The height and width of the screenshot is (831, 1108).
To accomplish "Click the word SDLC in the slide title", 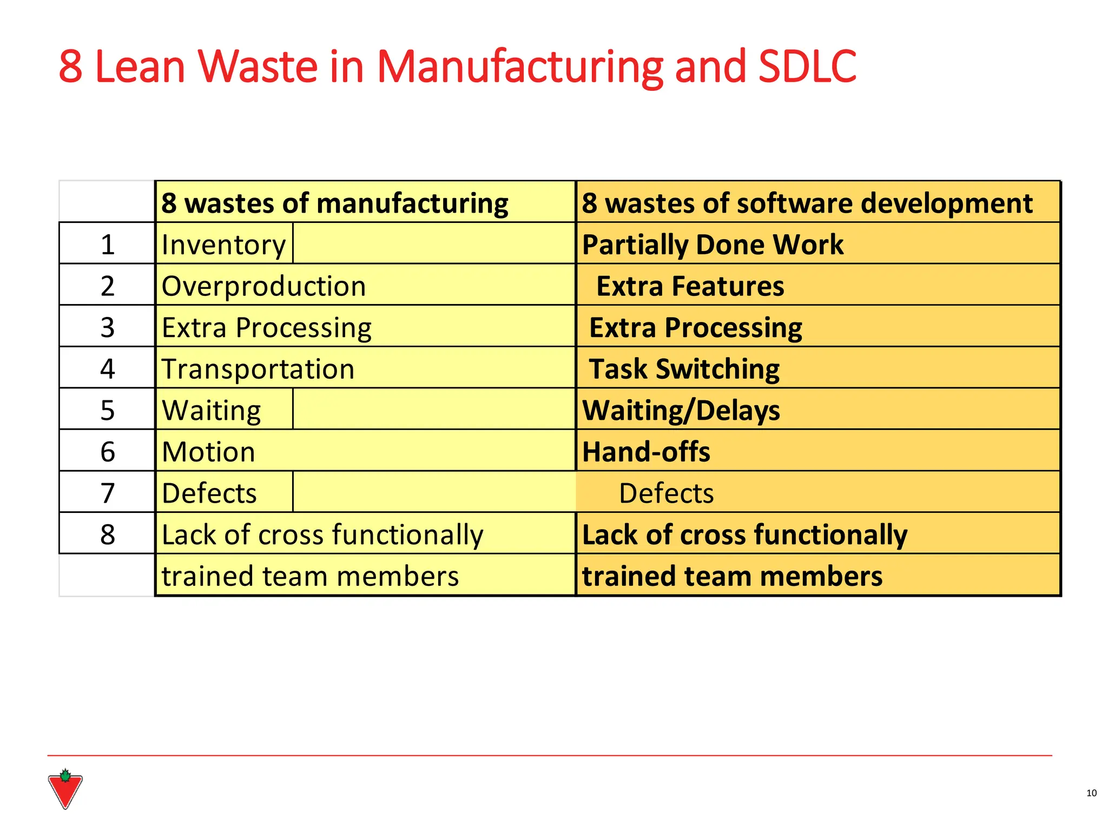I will (x=807, y=67).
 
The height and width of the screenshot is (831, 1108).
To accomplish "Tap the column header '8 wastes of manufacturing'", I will (x=334, y=203).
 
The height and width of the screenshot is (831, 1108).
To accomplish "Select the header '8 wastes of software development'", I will (x=807, y=203).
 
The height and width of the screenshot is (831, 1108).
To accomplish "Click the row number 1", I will (x=108, y=245).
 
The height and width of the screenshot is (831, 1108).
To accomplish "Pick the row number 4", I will (x=108, y=369).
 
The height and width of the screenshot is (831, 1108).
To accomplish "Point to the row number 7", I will (x=108, y=493).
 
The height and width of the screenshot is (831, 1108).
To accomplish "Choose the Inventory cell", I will (x=223, y=245).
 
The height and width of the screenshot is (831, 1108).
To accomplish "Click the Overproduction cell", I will (x=263, y=286).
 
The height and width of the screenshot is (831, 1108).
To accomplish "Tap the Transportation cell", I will (x=258, y=369).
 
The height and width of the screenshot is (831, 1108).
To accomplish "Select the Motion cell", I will (x=208, y=452).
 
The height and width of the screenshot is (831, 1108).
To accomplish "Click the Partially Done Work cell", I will (x=713, y=245).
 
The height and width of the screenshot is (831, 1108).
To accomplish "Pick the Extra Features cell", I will (x=690, y=286).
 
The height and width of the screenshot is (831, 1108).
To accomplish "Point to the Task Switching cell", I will (x=684, y=369).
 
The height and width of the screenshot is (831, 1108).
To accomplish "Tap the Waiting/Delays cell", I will (x=681, y=411).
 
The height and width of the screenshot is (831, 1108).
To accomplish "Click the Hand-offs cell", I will (x=646, y=452).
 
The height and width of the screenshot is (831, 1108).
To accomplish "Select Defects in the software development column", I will (x=666, y=493).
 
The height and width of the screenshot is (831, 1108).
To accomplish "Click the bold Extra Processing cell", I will (x=695, y=328).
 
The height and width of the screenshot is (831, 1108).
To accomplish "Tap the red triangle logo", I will (x=65, y=790).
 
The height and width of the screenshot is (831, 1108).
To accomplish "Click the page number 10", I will (x=1091, y=793).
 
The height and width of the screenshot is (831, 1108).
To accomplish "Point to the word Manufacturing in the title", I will (x=519, y=67).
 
